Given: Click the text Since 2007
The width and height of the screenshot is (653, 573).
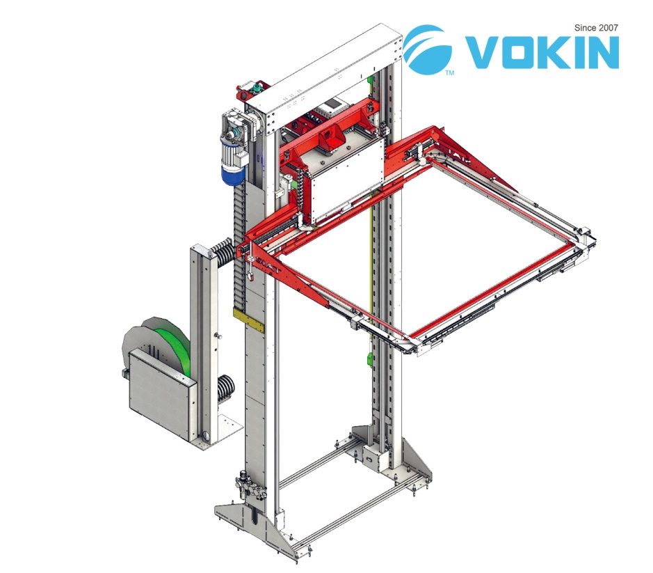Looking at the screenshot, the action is pos(596,28).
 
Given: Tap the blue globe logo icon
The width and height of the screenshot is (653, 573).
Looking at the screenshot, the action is pos(427,49).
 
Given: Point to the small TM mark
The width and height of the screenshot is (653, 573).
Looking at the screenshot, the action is pos(450,73).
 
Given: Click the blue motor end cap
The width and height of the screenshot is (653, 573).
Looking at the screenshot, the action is pos(232,174).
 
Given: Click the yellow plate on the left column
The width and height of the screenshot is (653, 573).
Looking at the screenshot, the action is pos(248,320).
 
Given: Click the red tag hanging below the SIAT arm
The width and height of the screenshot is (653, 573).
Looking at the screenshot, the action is pos(252,275).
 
